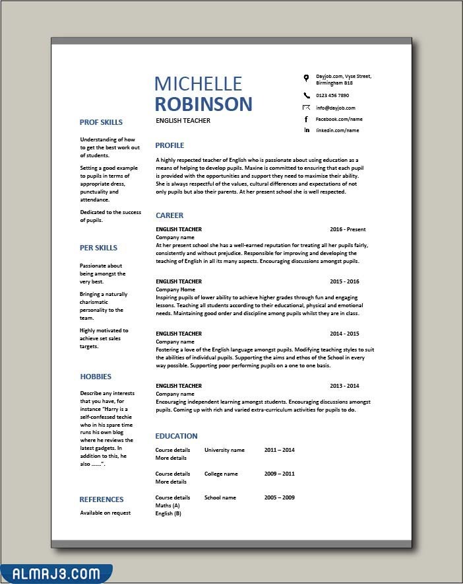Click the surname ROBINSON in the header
[204, 104]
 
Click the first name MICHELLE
[198, 83]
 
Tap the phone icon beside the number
[306, 95]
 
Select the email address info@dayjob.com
[335, 108]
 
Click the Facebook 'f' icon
[306, 119]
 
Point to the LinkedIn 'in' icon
[306, 130]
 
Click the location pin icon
[306, 78]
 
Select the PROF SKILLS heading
[101, 122]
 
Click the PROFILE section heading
[170, 145]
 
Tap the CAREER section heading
[170, 215]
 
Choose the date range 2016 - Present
[348, 229]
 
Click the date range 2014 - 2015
[344, 334]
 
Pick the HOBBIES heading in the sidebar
[96, 377]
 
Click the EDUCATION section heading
[176, 436]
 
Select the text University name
[224, 450]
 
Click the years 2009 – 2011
[279, 474]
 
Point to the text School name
[220, 497]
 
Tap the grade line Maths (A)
[168, 505]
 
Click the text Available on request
[106, 513]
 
